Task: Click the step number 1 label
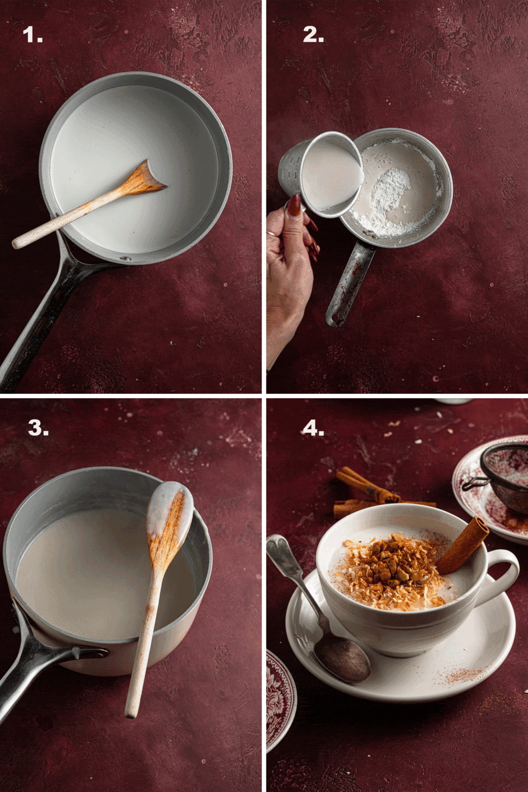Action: (x=33, y=35)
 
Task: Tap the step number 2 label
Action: (x=313, y=35)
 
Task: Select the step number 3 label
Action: (x=38, y=428)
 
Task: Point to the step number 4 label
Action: (x=313, y=428)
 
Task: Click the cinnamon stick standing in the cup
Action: (x=462, y=546)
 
